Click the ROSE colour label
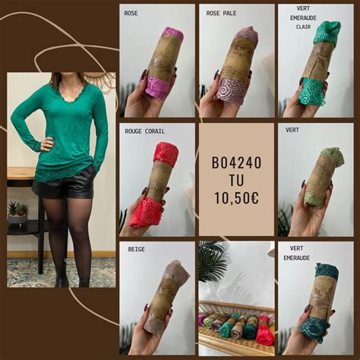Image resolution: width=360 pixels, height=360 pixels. pyautogui.click(x=131, y=13)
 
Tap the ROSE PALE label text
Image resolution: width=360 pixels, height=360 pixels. pyautogui.click(x=220, y=13)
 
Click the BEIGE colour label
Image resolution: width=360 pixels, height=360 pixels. pyautogui.click(x=137, y=248)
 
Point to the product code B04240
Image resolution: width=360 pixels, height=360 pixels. pyautogui.click(x=236, y=163)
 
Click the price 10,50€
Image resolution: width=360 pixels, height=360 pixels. pyautogui.click(x=236, y=199)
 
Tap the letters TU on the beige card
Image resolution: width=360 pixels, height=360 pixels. pyautogui.click(x=236, y=181)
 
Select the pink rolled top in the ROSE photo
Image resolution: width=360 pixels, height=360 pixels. pyautogui.click(x=164, y=64)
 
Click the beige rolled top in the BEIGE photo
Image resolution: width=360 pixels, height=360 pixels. pyautogui.click(x=164, y=296)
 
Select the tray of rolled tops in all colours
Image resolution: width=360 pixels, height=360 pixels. pyautogui.click(x=236, y=327)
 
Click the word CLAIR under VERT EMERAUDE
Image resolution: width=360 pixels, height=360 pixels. pyautogui.click(x=304, y=27)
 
